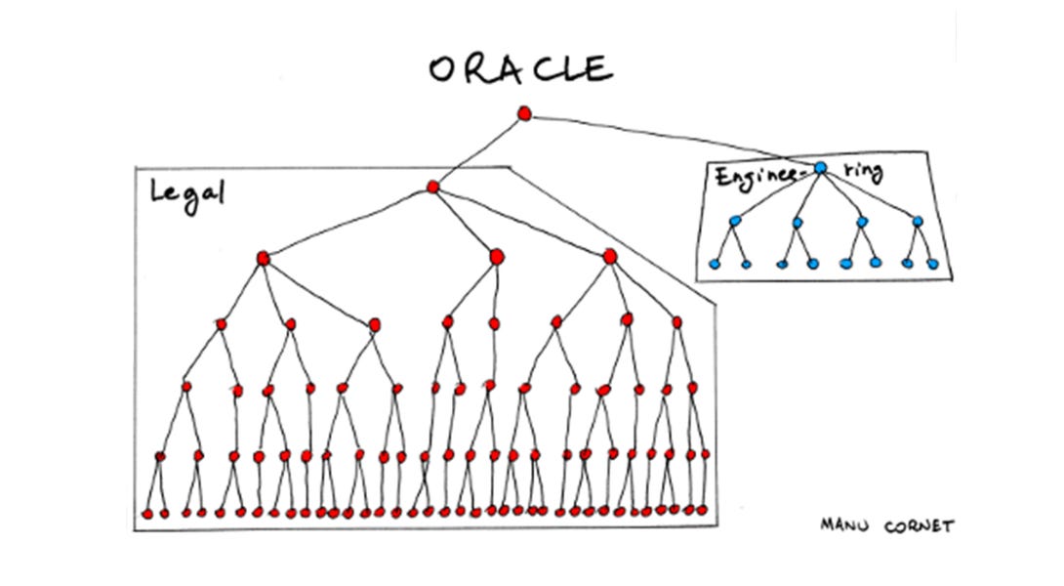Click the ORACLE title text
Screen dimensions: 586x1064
click(x=519, y=68)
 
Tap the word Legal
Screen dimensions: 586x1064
click(x=186, y=191)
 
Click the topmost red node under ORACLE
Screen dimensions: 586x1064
click(x=524, y=114)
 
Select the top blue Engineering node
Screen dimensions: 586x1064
click(x=820, y=168)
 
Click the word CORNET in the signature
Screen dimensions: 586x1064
click(x=917, y=526)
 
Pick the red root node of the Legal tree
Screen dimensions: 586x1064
click(x=433, y=187)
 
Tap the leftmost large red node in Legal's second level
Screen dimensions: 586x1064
click(x=263, y=258)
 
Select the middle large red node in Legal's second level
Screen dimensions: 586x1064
click(x=496, y=256)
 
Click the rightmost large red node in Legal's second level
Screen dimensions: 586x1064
click(x=610, y=257)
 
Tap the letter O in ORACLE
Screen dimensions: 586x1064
click(x=442, y=70)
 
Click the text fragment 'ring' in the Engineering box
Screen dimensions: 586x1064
click(x=863, y=173)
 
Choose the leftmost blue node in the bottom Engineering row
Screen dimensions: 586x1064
click(x=714, y=264)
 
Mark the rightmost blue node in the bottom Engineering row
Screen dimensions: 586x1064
click(x=932, y=264)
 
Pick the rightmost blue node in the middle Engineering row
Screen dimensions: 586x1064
click(x=918, y=221)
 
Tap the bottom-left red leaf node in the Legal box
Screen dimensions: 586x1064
click(x=146, y=513)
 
